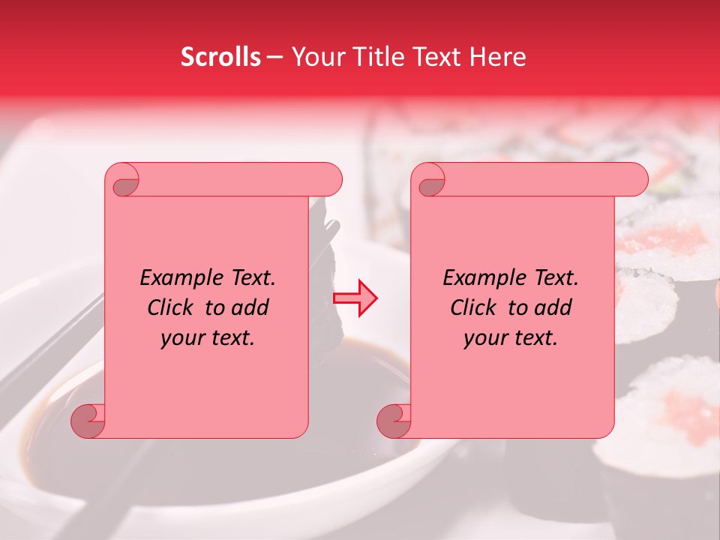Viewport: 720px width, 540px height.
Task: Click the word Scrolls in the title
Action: click(220, 57)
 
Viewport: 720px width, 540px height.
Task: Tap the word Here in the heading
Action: click(498, 57)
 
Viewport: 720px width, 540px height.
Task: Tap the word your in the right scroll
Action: click(484, 337)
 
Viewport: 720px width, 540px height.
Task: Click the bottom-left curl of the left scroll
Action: click(88, 420)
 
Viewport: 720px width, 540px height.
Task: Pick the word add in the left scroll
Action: click(250, 307)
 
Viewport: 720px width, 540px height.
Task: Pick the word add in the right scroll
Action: click(553, 307)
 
